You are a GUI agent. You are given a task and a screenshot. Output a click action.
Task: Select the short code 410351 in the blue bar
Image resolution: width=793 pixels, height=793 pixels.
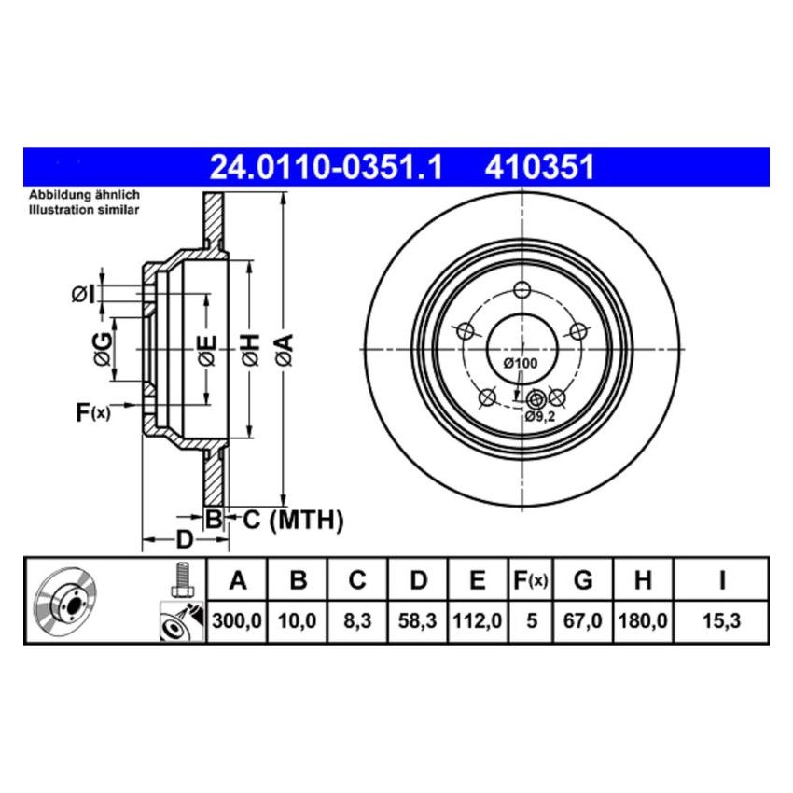point(538,167)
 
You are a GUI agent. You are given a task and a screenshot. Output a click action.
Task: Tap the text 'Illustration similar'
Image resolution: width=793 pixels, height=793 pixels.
point(84,210)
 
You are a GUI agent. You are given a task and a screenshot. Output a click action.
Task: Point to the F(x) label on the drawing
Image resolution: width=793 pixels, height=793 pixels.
point(92,410)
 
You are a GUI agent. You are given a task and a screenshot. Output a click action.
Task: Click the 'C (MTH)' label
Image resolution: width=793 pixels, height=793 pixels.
point(293,520)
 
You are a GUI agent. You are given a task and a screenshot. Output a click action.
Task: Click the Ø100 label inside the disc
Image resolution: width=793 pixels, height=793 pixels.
point(520,362)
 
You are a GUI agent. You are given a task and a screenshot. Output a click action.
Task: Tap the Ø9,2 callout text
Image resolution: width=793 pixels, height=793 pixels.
point(540,417)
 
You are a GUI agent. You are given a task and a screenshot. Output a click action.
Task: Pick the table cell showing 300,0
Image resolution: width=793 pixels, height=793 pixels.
point(238,619)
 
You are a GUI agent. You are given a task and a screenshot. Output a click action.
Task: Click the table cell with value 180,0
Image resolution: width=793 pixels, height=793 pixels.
point(642,619)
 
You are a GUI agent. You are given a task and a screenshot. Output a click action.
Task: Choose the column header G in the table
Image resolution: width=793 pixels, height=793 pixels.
point(583,580)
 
